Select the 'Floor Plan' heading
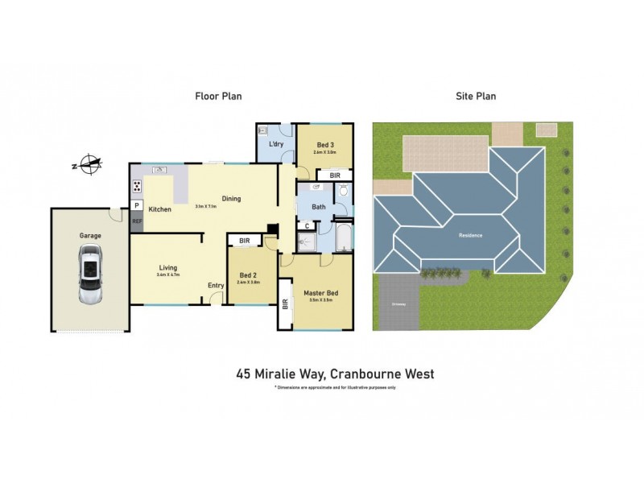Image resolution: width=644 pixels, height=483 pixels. pos(218,96)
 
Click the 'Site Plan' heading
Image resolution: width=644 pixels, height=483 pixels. pos(476,96)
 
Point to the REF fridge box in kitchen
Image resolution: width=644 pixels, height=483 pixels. pos(137,221)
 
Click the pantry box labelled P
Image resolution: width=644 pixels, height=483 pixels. pos(137,205)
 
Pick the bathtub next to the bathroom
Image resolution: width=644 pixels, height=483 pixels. pos(343,237)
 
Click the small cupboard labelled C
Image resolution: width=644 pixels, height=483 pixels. pos(307,226)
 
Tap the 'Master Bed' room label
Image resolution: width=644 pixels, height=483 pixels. pos(318,293)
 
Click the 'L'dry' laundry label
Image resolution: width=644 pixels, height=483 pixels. pos(276,144)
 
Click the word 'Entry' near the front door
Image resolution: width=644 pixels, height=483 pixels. pos(216,285)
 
